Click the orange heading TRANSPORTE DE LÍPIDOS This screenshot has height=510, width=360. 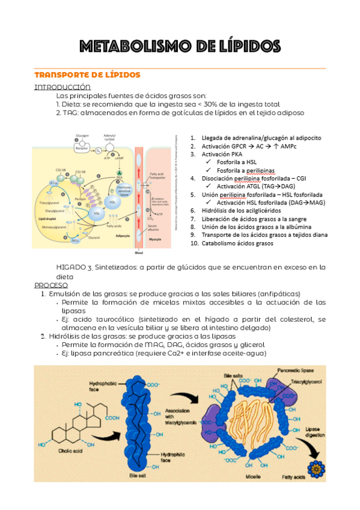(x=87, y=75)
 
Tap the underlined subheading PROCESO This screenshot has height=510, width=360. (x=51, y=284)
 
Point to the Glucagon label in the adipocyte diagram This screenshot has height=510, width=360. (x=82, y=136)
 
